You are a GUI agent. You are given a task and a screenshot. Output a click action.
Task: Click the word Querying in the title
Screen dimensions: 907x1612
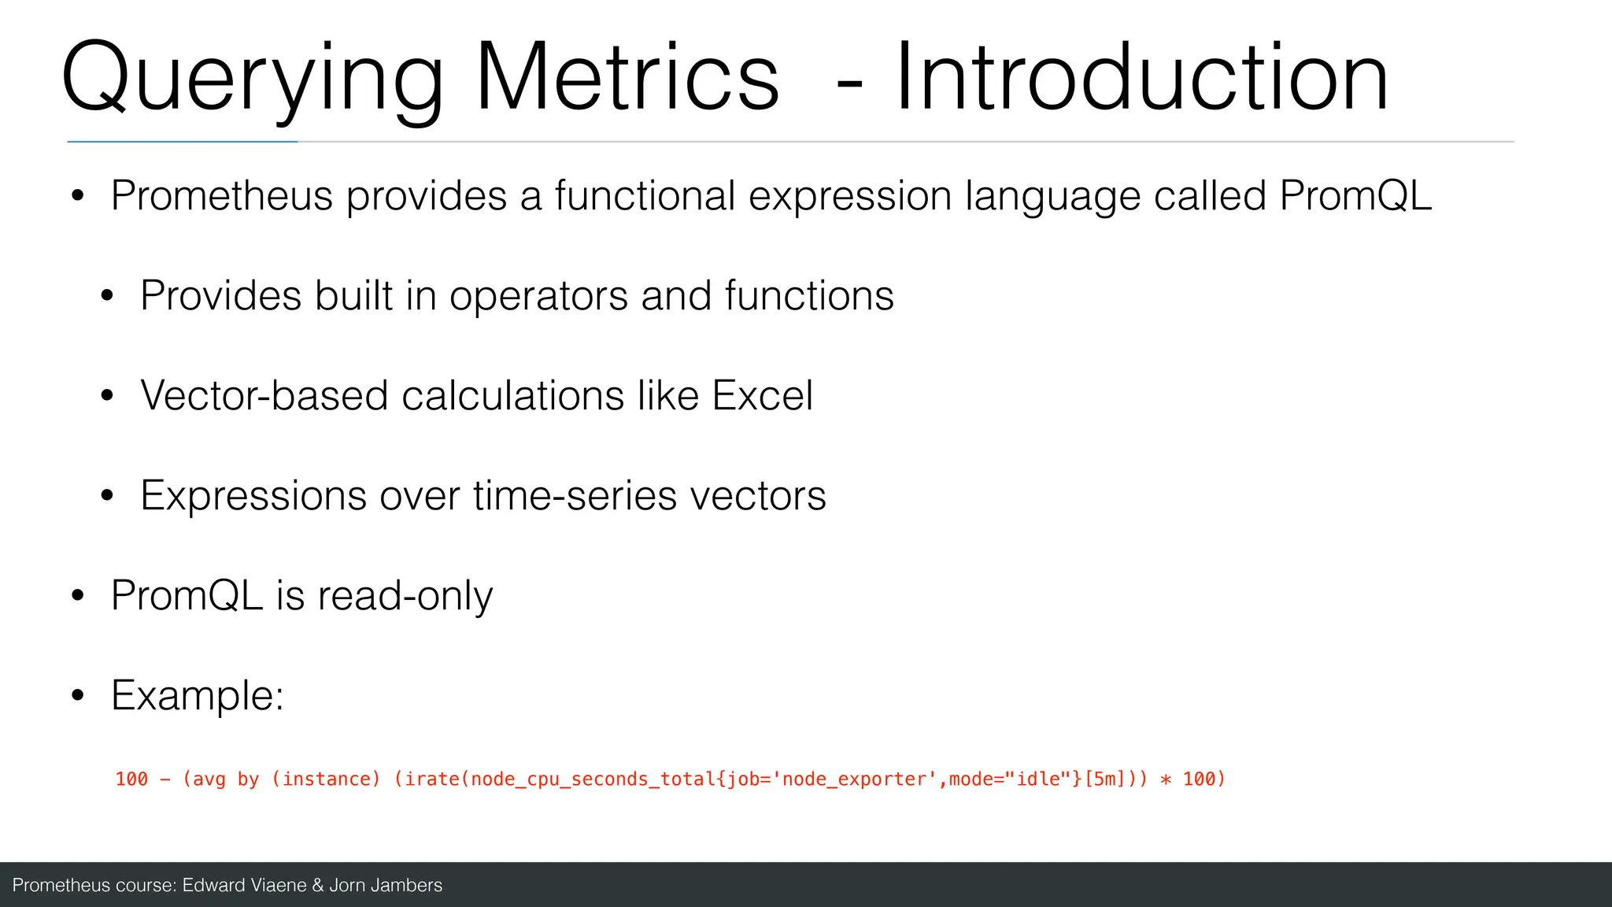click(x=252, y=79)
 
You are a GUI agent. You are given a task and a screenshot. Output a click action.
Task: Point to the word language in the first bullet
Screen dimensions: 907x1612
click(x=1052, y=197)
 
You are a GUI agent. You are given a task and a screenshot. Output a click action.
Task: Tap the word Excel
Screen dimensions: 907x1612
click(x=762, y=395)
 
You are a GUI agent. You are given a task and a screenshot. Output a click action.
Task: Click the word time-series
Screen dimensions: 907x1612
click(x=575, y=495)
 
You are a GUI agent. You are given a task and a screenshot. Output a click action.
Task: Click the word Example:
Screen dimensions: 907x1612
click(x=198, y=696)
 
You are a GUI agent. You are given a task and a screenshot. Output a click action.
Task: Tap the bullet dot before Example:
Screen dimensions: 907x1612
click(x=77, y=696)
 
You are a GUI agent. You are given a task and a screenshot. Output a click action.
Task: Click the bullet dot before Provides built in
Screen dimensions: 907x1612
click(x=107, y=297)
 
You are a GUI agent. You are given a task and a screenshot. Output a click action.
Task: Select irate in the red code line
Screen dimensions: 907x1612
click(x=432, y=779)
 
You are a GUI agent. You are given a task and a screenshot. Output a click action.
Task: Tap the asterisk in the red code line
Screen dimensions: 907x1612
click(x=1166, y=780)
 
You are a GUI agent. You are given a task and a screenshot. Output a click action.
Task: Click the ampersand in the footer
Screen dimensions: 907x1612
click(x=318, y=885)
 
